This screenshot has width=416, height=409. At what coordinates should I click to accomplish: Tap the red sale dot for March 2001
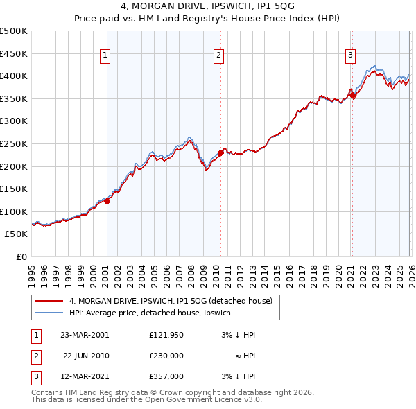[107, 202]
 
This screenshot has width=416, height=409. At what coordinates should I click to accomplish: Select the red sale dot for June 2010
[220, 153]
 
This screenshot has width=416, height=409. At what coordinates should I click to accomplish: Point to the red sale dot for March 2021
[352, 96]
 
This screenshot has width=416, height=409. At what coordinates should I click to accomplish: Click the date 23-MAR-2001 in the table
[85, 334]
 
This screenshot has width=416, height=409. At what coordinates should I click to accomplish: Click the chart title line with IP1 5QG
[208, 8]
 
